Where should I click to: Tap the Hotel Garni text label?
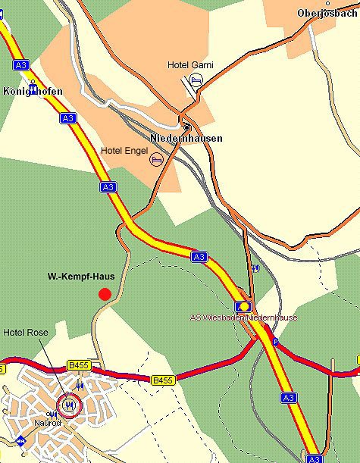[x=190, y=65]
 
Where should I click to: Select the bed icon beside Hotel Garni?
[x=196, y=79]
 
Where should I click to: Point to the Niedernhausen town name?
[x=186, y=139]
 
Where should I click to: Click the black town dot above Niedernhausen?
[x=186, y=127]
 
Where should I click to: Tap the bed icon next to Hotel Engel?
[x=156, y=159]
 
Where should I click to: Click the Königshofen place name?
[x=33, y=92]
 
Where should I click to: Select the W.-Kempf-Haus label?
[x=76, y=277]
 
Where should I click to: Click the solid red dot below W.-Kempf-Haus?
[x=105, y=294]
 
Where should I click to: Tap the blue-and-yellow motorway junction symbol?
[x=243, y=306]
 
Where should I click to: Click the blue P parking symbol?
[x=275, y=343]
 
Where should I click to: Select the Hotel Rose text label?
[x=25, y=332]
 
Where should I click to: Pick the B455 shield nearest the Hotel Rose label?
[x=78, y=365]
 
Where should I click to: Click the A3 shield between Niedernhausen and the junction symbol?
[x=199, y=257]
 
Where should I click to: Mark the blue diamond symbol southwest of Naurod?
[x=21, y=440]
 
